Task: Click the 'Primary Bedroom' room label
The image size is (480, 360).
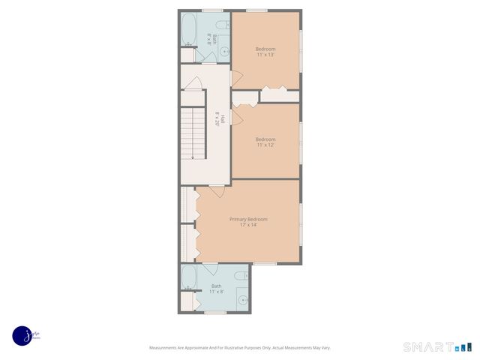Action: [x=248, y=218]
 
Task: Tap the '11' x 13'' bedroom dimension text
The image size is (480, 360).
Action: [x=265, y=55]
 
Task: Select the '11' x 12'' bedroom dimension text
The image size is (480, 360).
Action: [x=265, y=145]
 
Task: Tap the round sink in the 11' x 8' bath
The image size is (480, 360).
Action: [x=242, y=300]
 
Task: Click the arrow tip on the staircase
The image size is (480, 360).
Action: [x=193, y=157]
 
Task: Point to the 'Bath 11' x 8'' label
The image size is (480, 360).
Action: [x=217, y=289]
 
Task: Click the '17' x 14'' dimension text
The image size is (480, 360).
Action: [x=248, y=224]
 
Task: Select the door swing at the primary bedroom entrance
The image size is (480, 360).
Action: [x=215, y=191]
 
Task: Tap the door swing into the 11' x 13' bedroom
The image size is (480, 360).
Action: [x=235, y=74]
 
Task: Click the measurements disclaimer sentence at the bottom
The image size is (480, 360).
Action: [x=240, y=347]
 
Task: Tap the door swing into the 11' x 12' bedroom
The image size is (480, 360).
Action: [x=236, y=114]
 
